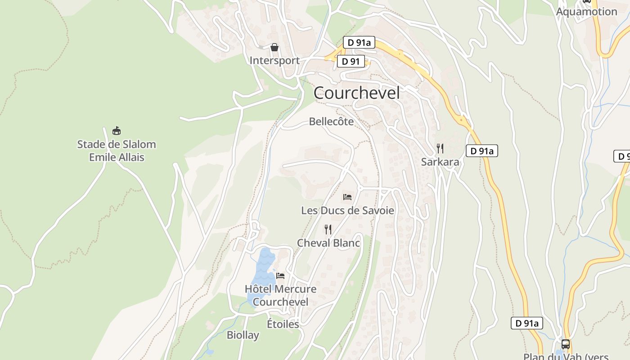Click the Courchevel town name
coord(356,93)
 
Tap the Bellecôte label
coord(331,121)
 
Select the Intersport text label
coord(274,60)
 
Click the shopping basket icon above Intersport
coord(274,47)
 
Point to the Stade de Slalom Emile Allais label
coord(117,151)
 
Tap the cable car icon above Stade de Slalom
coord(117,131)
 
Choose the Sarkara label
coord(440,162)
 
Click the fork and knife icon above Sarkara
coord(440,148)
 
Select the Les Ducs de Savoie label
coord(347,210)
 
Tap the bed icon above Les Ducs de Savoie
coord(347,197)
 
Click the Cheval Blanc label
coord(328,243)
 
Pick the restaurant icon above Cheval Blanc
coord(328,229)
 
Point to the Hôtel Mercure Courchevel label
coord(280,295)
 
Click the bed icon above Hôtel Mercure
coord(280,275)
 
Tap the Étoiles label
coord(283,324)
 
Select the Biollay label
coord(243,335)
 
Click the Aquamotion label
coord(586,12)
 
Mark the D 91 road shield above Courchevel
coord(351,62)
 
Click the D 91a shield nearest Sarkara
coord(481,151)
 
